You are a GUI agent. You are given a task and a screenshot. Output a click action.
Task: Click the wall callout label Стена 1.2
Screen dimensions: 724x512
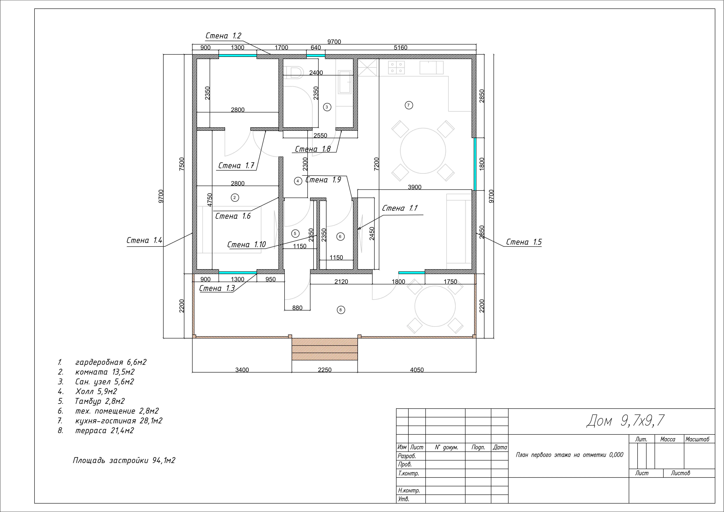(223, 36)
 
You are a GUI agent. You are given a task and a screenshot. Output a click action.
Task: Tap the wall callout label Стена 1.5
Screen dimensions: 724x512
(524, 242)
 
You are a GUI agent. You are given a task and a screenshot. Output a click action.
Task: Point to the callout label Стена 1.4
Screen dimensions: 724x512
(144, 240)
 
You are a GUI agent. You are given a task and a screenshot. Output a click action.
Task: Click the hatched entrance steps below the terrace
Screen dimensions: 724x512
(325, 349)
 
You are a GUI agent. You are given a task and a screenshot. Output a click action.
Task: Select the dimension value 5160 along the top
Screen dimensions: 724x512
(400, 48)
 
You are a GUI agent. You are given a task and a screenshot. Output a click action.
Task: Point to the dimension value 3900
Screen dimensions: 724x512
(415, 187)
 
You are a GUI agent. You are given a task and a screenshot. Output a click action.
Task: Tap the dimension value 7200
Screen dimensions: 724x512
(376, 164)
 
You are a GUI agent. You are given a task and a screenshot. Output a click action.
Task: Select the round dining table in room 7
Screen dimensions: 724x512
(423, 151)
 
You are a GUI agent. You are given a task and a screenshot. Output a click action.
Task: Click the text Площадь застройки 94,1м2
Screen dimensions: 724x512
(124, 461)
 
